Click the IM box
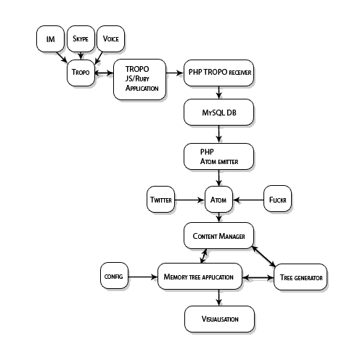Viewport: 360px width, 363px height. click(50, 38)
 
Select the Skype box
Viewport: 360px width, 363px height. click(81, 38)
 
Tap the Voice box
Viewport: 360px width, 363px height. click(110, 38)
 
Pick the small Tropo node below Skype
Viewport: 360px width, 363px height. click(81, 73)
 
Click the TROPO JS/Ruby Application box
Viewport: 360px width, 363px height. click(140, 79)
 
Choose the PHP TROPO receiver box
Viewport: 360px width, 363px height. click(218, 73)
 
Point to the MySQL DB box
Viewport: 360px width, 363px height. click(218, 113)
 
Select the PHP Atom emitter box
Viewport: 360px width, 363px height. click(218, 156)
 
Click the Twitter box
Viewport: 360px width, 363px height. click(160, 200)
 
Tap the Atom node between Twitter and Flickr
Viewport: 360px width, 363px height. click(218, 200)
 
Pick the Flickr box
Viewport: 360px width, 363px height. click(277, 199)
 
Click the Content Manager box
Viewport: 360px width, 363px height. click(218, 235)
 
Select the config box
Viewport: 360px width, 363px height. click(114, 276)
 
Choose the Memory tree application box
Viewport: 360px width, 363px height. click(200, 277)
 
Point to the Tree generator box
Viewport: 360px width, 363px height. click(300, 277)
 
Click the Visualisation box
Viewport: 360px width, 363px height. click(219, 319)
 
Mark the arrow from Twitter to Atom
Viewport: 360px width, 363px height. click(189, 200)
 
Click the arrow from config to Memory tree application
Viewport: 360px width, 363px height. click(143, 277)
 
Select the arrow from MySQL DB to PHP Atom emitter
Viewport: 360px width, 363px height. click(219, 134)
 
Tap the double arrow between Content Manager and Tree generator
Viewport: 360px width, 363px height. click(263, 256)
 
